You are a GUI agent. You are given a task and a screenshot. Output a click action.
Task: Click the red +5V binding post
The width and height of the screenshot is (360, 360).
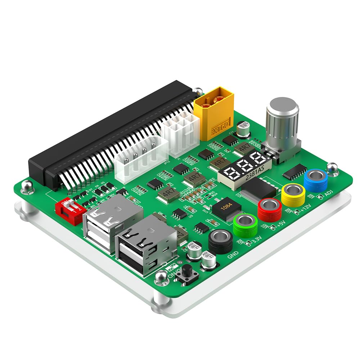[x=270, y=209]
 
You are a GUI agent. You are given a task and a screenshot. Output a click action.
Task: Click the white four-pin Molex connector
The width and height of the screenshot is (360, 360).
[x=141, y=158]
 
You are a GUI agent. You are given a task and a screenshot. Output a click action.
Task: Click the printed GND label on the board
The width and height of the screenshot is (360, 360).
[x=233, y=256]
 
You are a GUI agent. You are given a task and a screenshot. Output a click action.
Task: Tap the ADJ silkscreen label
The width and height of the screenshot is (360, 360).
[x=328, y=194]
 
